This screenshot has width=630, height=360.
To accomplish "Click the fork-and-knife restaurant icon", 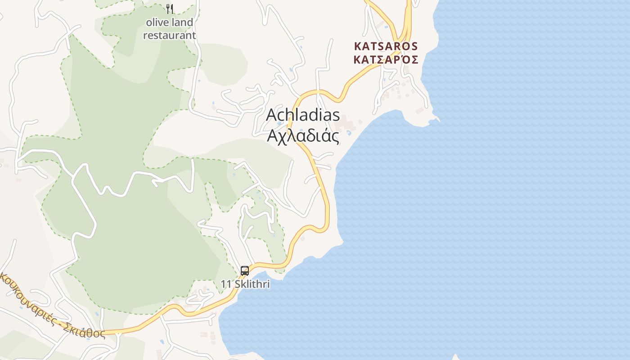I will (x=170, y=9).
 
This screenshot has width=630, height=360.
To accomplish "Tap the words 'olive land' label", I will (x=169, y=22).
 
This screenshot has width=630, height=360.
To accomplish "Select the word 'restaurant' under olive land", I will (x=169, y=35).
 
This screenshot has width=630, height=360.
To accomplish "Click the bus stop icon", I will (x=245, y=271).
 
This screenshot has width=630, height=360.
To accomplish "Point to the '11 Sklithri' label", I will (x=245, y=284).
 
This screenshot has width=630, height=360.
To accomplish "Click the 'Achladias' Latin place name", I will (x=303, y=115).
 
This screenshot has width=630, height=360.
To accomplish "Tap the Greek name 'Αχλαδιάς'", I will (x=303, y=135).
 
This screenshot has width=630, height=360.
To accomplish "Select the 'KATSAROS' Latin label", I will (x=386, y=46).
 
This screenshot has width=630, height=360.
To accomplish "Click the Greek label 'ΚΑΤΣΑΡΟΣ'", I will (x=386, y=59).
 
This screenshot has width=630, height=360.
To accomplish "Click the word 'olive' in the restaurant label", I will (x=156, y=22).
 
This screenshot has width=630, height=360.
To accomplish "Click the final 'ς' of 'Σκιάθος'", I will (x=102, y=334).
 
